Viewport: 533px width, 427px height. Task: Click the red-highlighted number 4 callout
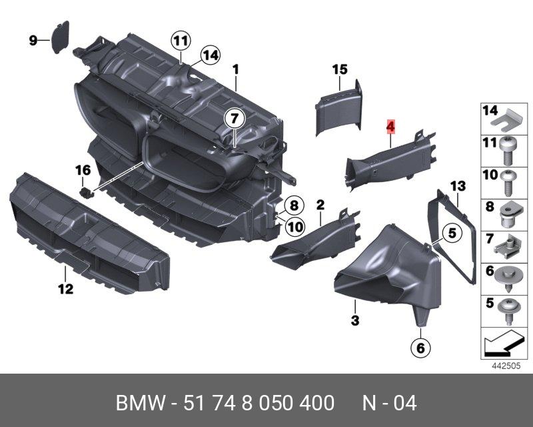pos(391,125)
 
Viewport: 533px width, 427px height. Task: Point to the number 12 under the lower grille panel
pos(65,290)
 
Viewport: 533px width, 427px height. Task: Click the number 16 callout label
pos(83,171)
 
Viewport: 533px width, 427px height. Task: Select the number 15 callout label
pos(340,69)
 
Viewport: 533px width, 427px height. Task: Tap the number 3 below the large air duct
pos(355,321)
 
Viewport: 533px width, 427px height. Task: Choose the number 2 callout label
pos(320,203)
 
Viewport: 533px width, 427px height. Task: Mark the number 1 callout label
pos(235,69)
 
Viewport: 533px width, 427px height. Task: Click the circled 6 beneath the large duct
pos(420,348)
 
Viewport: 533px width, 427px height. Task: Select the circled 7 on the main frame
pos(234,119)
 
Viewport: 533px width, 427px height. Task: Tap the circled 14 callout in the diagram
pos(209,55)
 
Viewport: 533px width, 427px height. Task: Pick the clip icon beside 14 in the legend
pos(510,119)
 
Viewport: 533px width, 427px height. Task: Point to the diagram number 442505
pos(506,366)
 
